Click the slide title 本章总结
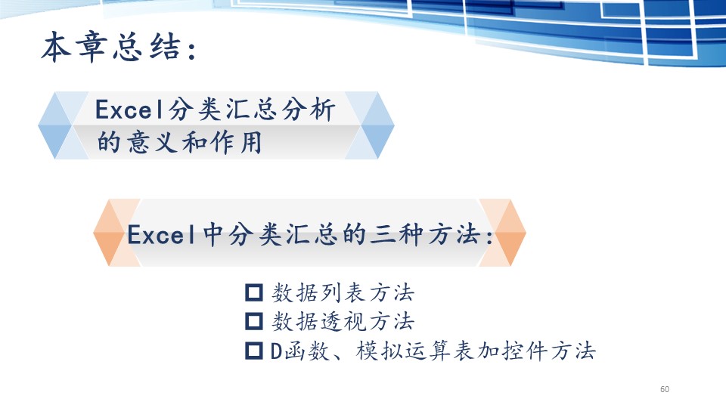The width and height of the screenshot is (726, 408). click(x=110, y=47)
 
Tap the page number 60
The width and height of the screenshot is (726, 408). click(x=665, y=389)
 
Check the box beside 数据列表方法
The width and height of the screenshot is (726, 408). click(x=254, y=292)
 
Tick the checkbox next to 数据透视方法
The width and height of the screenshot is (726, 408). click(x=254, y=321)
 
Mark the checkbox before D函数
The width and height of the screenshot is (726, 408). click(x=254, y=351)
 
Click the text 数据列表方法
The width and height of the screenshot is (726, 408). click(x=343, y=292)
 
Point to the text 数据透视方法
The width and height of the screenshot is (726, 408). click(x=343, y=321)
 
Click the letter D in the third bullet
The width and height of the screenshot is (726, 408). click(x=276, y=351)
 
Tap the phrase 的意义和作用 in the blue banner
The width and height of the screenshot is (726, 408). click(x=179, y=142)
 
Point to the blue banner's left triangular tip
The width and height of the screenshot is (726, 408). click(x=39, y=125)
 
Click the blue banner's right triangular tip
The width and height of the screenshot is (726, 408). click(x=393, y=125)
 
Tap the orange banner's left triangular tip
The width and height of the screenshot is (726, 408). click(x=94, y=233)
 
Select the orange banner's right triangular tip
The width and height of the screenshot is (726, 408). click(x=526, y=233)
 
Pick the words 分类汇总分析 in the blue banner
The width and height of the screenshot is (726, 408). click(x=252, y=110)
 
